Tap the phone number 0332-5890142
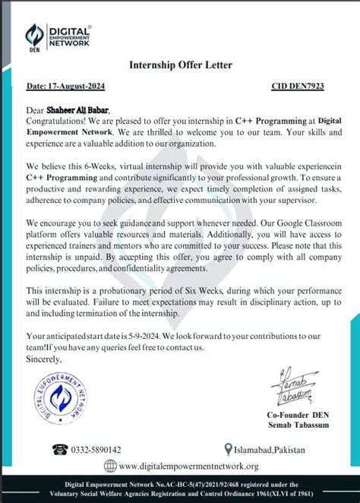(96, 450)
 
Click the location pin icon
(228, 449)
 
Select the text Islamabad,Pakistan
(270, 450)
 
